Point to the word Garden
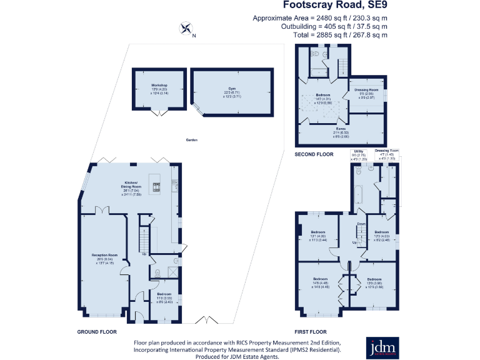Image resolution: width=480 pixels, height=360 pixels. tap(191, 140)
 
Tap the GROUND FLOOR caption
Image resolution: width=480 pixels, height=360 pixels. tap(97, 332)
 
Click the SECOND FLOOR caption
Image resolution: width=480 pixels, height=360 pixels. tap(314, 153)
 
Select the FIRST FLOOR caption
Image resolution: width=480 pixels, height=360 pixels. tap(311, 332)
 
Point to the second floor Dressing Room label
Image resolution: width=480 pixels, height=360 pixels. tap(367, 90)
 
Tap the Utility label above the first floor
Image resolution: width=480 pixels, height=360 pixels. tap(359, 151)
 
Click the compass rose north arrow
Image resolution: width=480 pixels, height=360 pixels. tap(186, 28)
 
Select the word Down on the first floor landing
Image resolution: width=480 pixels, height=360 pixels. tap(361, 224)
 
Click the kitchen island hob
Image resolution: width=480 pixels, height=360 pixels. tap(156, 184)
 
